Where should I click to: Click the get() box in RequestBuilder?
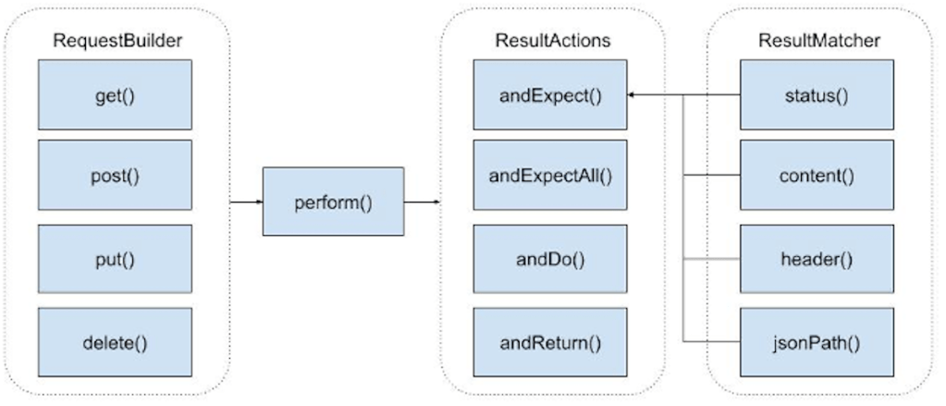coord(115,95)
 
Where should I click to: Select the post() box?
coord(115,175)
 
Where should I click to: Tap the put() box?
coord(115,259)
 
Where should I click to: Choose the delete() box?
coord(115,343)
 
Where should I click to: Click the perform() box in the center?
coord(333,202)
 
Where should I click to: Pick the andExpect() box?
coord(550,95)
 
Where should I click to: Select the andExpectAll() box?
coord(550,175)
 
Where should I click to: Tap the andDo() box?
coord(550,259)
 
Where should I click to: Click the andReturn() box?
coord(550,343)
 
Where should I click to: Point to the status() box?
coord(817,95)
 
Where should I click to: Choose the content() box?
coord(817,175)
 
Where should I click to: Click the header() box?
coord(817,259)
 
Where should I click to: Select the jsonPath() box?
coord(817,343)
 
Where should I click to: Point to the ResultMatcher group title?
coord(818,41)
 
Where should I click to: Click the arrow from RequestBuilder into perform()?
coord(245,202)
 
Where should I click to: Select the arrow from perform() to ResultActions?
coord(421,202)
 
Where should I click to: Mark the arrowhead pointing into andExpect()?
coord(633,95)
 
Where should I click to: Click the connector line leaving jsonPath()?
coord(712,343)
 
